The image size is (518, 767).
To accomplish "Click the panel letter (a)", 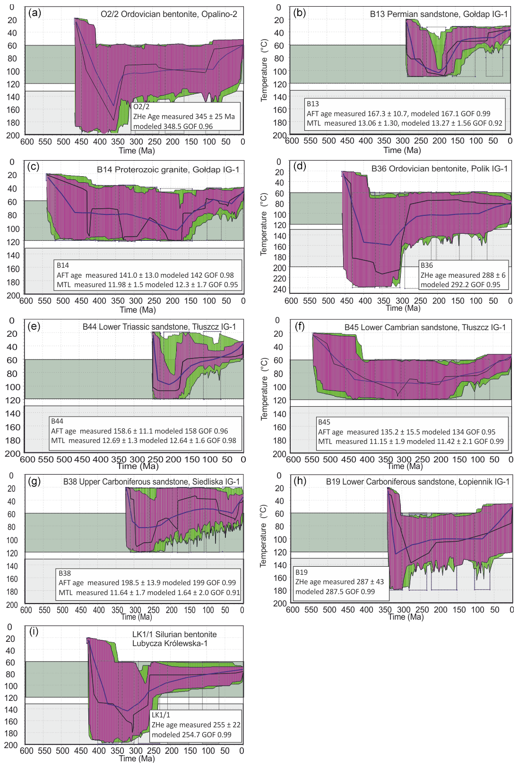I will tap(35, 13).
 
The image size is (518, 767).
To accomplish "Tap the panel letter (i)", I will tap(34, 632).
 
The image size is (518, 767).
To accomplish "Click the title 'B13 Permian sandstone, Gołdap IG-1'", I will tap(439, 14).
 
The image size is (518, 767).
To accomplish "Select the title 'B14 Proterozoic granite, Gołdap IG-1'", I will tap(168, 170).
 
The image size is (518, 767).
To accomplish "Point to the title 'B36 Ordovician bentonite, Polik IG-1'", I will tap(440, 169).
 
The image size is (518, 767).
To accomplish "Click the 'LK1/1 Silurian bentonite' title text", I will tap(174, 634).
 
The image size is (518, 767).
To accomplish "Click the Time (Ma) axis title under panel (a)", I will tap(137, 151).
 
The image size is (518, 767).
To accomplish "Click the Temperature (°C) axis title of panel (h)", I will tap(264, 536).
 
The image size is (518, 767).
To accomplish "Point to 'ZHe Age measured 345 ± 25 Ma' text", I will tap(184, 117).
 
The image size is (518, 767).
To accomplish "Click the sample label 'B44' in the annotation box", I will tap(57, 421).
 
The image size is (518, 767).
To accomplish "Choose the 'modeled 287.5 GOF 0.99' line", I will tap(335, 591).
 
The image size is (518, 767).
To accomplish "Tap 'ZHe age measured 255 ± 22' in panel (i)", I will tap(196, 725).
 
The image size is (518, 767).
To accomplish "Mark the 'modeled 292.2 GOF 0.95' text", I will tap(460, 285).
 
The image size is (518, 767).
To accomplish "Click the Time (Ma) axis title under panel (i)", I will tap(137, 758).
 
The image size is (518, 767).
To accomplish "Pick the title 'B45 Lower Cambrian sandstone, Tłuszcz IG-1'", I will tap(425, 327).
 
